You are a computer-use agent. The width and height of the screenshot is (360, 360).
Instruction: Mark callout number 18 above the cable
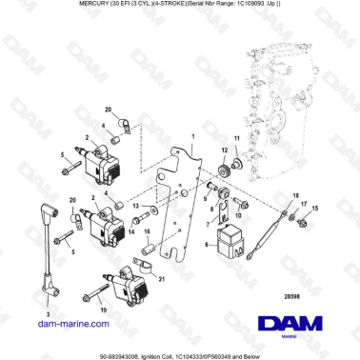pos(295,193)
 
